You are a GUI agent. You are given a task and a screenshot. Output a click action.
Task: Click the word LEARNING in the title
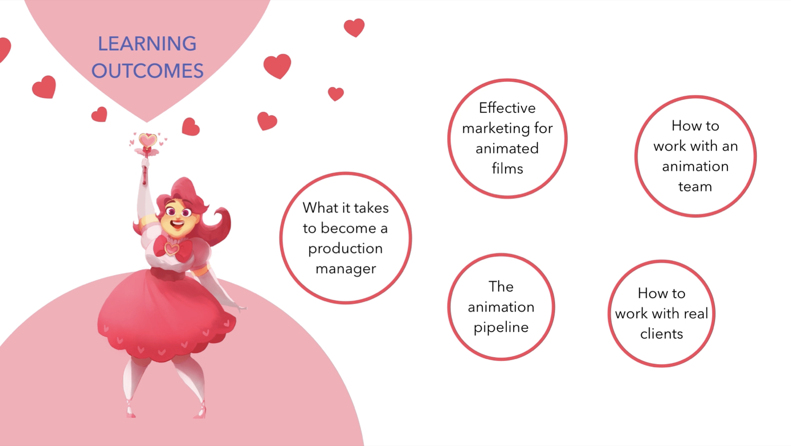pos(147,44)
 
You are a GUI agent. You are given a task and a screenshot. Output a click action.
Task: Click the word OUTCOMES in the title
pos(147,71)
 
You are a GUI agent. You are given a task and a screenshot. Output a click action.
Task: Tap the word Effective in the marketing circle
pos(507,108)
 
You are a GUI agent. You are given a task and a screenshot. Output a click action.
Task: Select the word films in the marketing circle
pos(507,168)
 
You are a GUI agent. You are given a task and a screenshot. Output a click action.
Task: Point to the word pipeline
pos(501,328)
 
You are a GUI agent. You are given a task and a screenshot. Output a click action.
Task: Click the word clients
pos(661,334)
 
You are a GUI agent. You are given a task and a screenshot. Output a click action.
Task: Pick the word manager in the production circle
pos(346,269)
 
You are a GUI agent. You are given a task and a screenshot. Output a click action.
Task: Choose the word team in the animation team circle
pos(695,187)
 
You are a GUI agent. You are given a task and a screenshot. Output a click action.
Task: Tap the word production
pos(346,249)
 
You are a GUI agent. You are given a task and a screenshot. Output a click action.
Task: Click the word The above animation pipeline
pos(501,287)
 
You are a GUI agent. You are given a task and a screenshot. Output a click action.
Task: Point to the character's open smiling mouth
pos(177,225)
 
